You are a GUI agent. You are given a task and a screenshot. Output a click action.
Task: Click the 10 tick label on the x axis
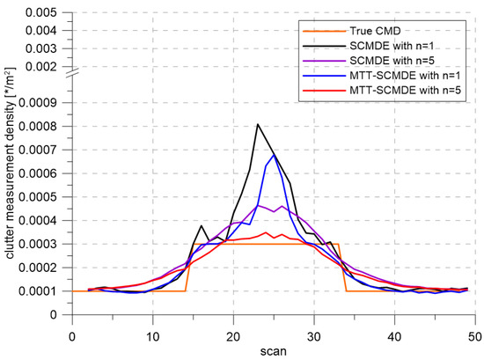pos(153,334)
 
